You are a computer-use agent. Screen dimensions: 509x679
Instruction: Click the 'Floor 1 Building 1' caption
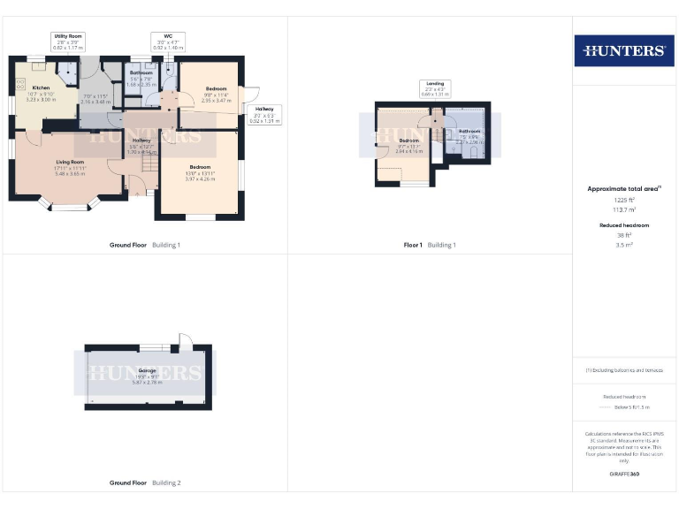(430, 245)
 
